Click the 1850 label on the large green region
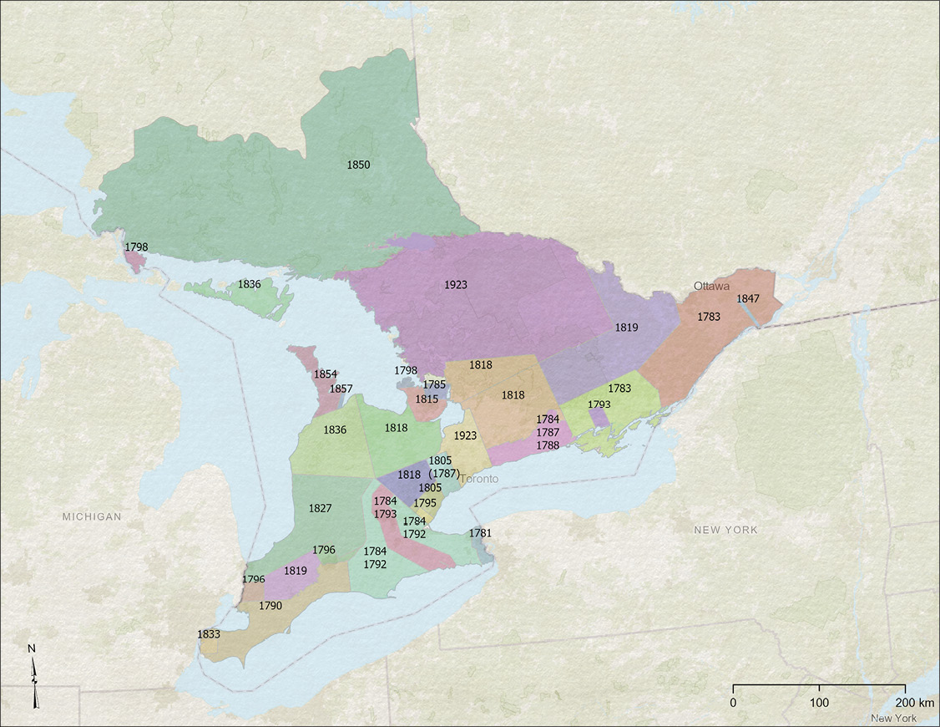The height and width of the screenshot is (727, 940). pyautogui.click(x=358, y=165)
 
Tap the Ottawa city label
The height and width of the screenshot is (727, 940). pyautogui.click(x=711, y=286)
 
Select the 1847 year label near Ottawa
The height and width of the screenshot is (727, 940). pyautogui.click(x=747, y=298)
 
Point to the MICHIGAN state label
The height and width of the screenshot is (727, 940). pyautogui.click(x=92, y=516)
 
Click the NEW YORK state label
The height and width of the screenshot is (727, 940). pyautogui.click(x=726, y=530)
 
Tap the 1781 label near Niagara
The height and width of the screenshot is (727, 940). pyautogui.click(x=480, y=532)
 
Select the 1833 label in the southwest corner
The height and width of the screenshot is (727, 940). pyautogui.click(x=209, y=634)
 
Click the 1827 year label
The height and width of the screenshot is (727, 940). pyautogui.click(x=321, y=508)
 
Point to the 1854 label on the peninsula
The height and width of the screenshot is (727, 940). pyautogui.click(x=325, y=374)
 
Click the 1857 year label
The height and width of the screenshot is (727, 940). pyautogui.click(x=341, y=389)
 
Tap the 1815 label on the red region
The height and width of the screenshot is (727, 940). pyautogui.click(x=427, y=399)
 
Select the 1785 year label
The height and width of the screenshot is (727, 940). pyautogui.click(x=434, y=384)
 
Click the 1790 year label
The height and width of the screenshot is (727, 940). pyautogui.click(x=270, y=605)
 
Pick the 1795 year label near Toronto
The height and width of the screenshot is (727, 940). pyautogui.click(x=425, y=503)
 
